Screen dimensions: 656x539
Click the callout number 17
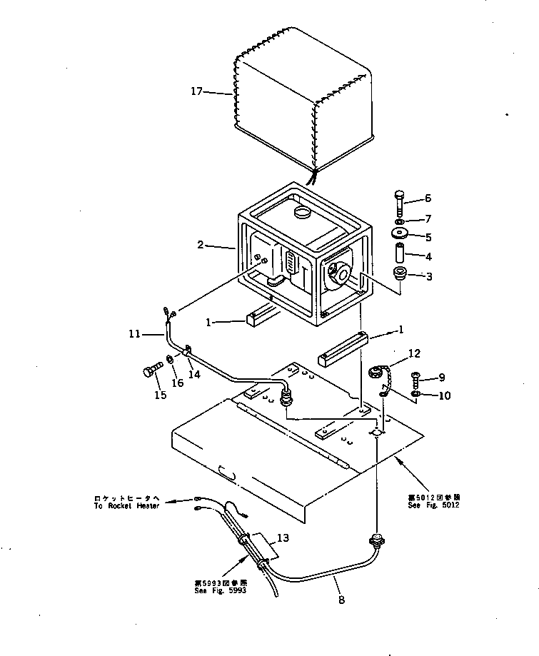[198, 91]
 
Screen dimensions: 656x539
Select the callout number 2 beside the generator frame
[201, 246]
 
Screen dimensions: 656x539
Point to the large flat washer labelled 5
[399, 236]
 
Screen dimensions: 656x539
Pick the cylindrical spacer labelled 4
[399, 253]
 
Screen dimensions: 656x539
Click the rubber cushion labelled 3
[399, 275]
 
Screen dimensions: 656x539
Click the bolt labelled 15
[148, 372]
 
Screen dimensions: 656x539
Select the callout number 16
[178, 383]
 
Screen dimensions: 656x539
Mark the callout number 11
[134, 333]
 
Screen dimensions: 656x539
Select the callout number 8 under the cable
[341, 600]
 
